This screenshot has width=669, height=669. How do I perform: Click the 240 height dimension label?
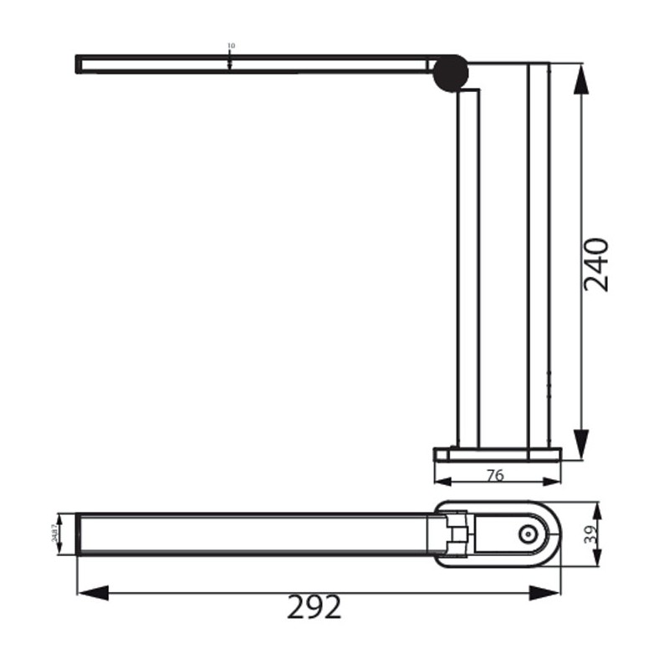[x=596, y=264]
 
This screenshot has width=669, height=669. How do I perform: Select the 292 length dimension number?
[x=314, y=608]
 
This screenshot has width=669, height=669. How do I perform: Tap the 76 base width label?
[x=495, y=476]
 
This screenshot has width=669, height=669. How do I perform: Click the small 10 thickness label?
[x=231, y=46]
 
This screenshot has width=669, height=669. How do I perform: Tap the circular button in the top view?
[x=527, y=535]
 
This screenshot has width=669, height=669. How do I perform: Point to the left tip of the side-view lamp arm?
[x=78, y=64]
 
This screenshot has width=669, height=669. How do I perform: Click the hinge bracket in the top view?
[x=457, y=535]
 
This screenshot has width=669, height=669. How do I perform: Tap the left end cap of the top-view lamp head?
[x=79, y=534]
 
